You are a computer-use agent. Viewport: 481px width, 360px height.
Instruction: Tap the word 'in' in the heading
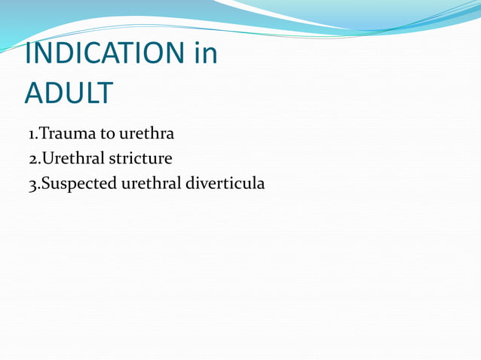204,53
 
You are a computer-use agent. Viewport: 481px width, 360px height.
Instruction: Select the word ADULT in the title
69,93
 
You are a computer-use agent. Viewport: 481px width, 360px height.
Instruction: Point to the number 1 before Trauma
31,135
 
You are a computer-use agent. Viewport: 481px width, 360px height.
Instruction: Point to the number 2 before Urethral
32,159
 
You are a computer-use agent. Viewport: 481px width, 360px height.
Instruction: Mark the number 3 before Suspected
32,183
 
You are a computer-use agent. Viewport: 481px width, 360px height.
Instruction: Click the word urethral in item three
151,183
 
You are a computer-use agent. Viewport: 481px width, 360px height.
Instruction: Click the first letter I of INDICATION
29,53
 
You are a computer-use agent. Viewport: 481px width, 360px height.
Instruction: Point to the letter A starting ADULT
35,93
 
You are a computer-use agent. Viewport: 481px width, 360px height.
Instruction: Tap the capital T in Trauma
43,135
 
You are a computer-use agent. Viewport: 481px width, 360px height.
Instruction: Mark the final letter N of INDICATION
173,53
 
